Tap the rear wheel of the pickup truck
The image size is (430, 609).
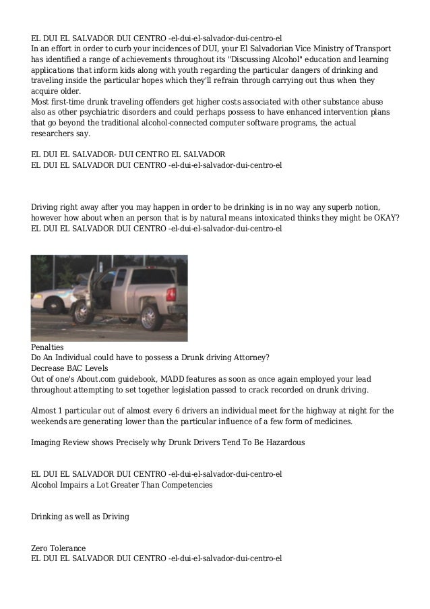pyautogui.click(x=149, y=311)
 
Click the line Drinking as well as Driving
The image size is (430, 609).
pyautogui.click(x=80, y=517)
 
